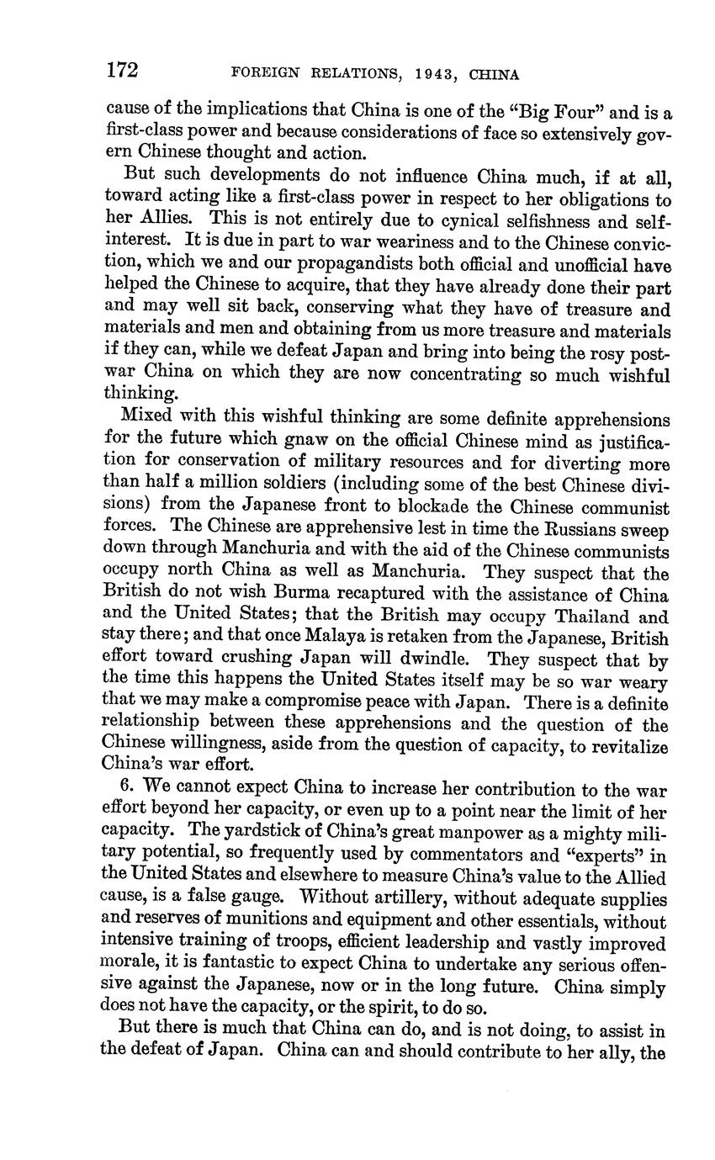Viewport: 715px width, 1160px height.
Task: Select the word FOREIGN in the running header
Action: pos(264,74)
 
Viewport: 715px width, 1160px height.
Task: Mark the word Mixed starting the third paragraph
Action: pos(147,416)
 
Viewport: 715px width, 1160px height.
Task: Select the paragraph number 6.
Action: pos(128,787)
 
